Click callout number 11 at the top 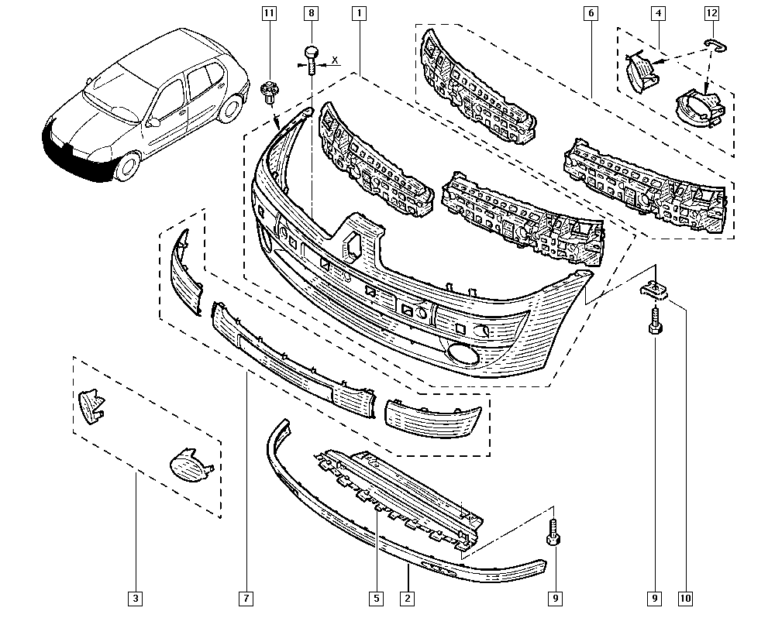269,14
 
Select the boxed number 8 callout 312,14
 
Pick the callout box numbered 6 591,14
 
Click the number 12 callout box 711,14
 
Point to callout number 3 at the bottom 136,598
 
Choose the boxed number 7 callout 245,598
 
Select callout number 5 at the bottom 376,598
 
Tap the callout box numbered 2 407,598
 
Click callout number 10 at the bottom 686,598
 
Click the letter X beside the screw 335,60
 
